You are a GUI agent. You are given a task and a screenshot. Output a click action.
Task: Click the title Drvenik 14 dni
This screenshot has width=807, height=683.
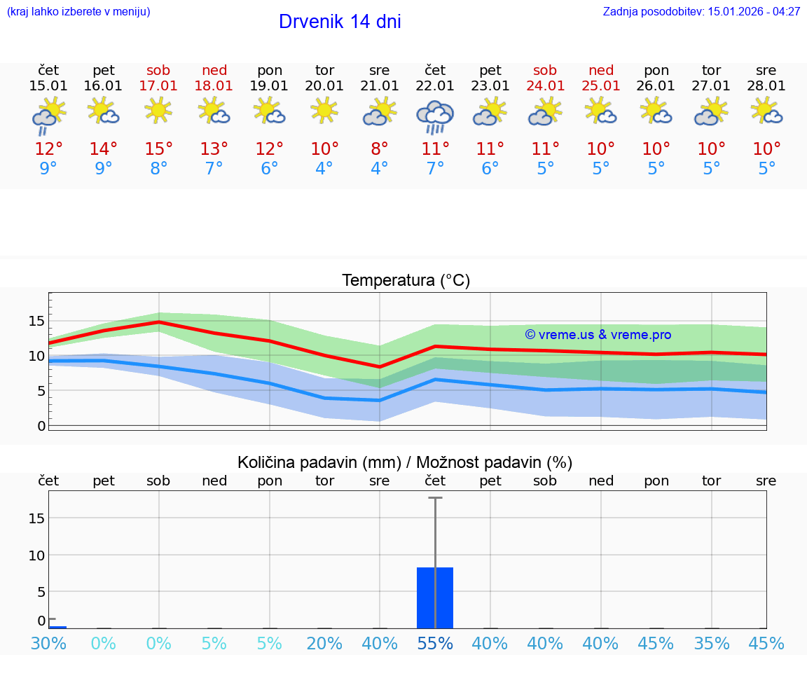pos(340,22)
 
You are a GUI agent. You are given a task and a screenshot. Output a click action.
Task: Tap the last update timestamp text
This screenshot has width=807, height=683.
pos(701,11)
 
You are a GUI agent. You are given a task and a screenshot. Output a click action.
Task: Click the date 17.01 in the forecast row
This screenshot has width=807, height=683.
pos(158,86)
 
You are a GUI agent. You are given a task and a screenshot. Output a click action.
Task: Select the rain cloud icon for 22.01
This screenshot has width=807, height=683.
pos(435,117)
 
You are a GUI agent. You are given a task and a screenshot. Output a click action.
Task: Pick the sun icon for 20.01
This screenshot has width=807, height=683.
pos(324,111)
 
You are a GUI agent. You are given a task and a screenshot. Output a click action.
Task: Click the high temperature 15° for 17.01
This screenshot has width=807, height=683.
pos(158,149)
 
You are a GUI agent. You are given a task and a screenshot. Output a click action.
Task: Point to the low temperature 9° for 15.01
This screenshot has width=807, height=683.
pos(48,169)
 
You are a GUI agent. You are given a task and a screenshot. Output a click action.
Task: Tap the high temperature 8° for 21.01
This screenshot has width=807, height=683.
pos(380,149)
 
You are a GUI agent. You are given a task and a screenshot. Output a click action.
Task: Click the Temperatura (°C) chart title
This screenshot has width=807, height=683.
pos(406,281)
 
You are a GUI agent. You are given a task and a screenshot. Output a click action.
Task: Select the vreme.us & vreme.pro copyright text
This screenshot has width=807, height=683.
pos(598,335)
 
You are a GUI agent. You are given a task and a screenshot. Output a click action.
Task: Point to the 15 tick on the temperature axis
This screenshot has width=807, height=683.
pos(36,321)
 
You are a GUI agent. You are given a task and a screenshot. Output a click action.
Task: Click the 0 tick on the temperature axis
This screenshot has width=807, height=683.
pos(41,425)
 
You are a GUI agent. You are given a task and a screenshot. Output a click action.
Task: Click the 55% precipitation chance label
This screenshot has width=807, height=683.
pos(435,644)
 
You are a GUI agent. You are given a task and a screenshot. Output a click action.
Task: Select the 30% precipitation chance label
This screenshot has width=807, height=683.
pos(48,644)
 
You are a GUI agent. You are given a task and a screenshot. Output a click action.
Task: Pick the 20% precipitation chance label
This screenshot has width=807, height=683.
pos(324,644)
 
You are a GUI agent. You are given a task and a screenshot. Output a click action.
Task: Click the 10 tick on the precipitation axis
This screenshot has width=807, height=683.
pos(36,555)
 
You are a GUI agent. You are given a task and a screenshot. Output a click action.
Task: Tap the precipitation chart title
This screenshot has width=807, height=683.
pos(405,462)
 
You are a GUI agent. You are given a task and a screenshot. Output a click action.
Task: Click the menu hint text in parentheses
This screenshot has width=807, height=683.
pos(78,11)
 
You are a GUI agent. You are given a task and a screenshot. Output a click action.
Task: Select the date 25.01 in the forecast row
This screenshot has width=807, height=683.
pos(600,86)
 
